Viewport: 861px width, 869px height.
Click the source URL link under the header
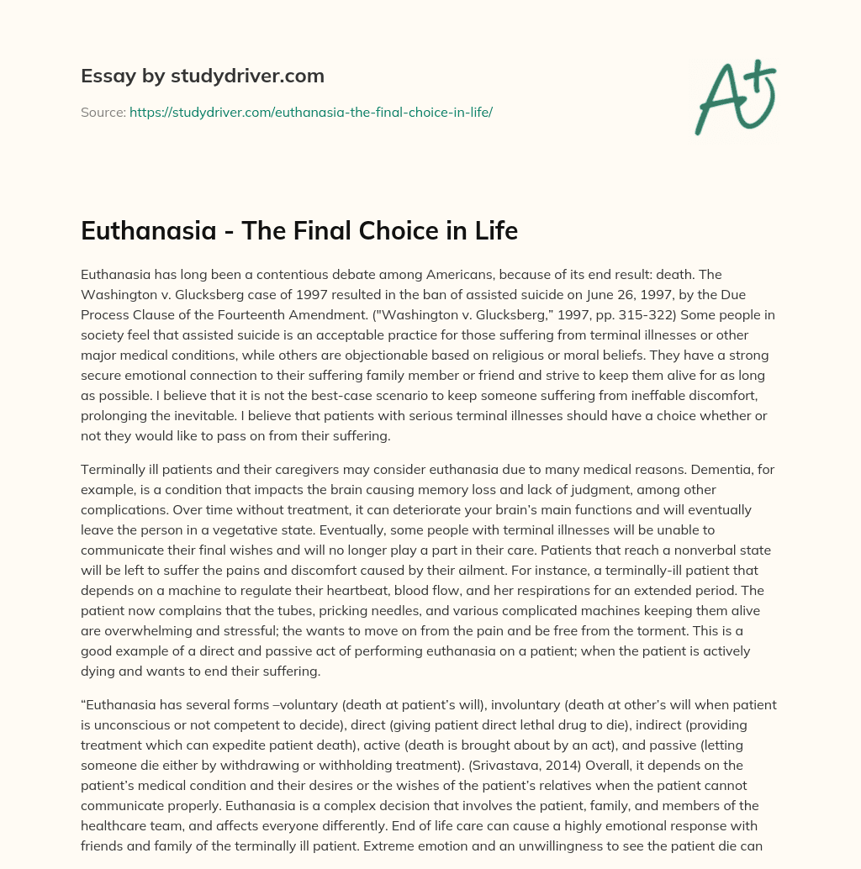tap(310, 112)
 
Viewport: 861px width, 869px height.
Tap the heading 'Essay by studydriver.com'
tap(202, 76)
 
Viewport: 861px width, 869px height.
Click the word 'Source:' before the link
tap(103, 112)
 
